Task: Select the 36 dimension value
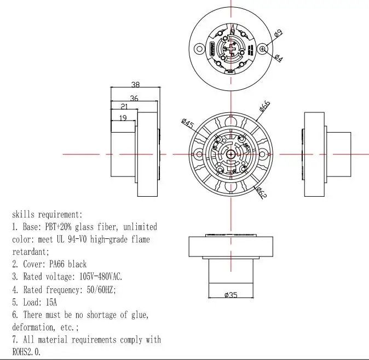[134, 99]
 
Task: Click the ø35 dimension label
[230, 295]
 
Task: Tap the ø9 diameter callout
[278, 34]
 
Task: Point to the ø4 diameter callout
[278, 58]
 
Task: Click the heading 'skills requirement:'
[47, 214]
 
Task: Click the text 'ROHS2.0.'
[26, 352]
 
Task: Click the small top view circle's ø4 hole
[263, 49]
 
